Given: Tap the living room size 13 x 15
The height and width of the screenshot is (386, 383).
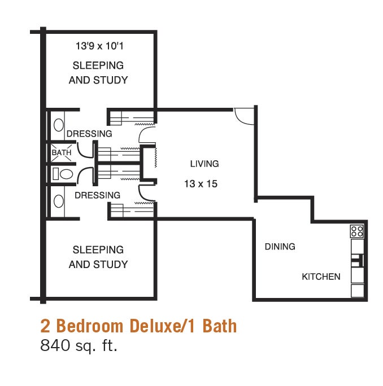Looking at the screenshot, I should (x=201, y=183).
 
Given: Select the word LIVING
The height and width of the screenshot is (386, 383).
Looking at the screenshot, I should (x=204, y=164).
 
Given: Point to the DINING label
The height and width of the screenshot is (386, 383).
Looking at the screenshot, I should (x=280, y=246).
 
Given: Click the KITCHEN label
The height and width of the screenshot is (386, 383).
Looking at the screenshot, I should (x=321, y=277).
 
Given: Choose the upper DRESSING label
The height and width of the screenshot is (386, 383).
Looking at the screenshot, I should (x=89, y=134).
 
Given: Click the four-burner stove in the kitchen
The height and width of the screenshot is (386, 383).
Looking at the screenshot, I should (x=356, y=231).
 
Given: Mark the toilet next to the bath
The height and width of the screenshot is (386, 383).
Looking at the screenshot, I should (x=63, y=174).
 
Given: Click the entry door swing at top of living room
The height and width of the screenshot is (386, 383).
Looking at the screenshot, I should (x=245, y=116).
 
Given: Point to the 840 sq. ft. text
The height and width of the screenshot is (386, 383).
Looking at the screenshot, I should (x=79, y=345).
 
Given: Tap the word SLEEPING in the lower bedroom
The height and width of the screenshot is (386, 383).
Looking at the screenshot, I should (x=98, y=249).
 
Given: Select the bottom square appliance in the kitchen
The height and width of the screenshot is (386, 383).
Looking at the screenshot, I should (x=357, y=291).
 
